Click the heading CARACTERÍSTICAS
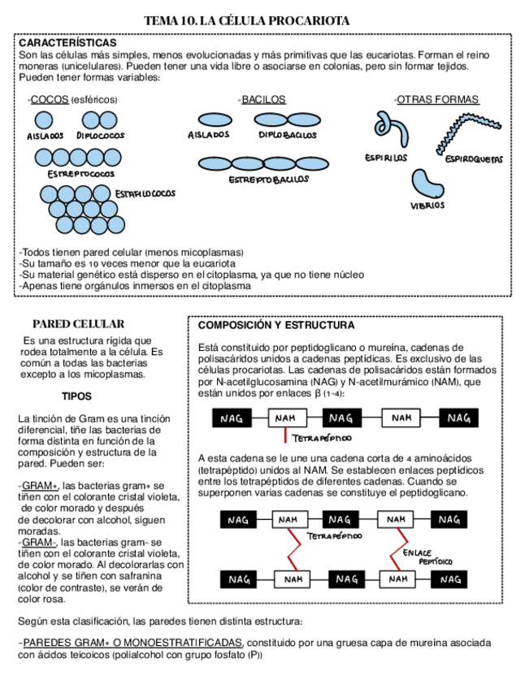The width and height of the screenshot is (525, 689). click(67, 42)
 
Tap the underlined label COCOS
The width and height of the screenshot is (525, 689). click(49, 100)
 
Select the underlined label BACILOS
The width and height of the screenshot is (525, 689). click(263, 100)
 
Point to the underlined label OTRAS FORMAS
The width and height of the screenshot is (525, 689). click(437, 100)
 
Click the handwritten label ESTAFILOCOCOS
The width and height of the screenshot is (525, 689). click(145, 194)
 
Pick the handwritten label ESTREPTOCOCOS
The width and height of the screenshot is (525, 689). click(80, 174)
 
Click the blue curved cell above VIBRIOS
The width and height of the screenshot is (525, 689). click(427, 184)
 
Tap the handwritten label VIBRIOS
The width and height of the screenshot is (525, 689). click(427, 206)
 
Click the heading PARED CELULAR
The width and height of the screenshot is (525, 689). click(78, 323)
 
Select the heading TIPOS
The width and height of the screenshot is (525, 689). click(76, 396)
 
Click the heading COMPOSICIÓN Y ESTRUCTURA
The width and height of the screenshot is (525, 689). click(276, 325)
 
